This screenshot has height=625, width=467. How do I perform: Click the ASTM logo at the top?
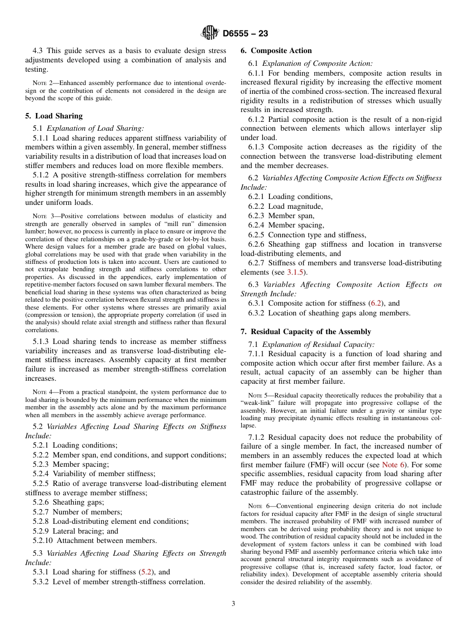210,33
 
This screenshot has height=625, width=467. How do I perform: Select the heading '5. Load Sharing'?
54,116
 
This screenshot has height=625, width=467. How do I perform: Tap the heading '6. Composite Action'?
276,51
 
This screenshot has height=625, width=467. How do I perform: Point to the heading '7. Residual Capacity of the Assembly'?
305,332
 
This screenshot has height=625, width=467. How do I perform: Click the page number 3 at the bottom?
233,604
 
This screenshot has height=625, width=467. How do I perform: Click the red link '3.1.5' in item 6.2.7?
296,272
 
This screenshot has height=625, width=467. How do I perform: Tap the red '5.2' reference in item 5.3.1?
146,572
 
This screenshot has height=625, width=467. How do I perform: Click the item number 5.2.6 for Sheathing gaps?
42,502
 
